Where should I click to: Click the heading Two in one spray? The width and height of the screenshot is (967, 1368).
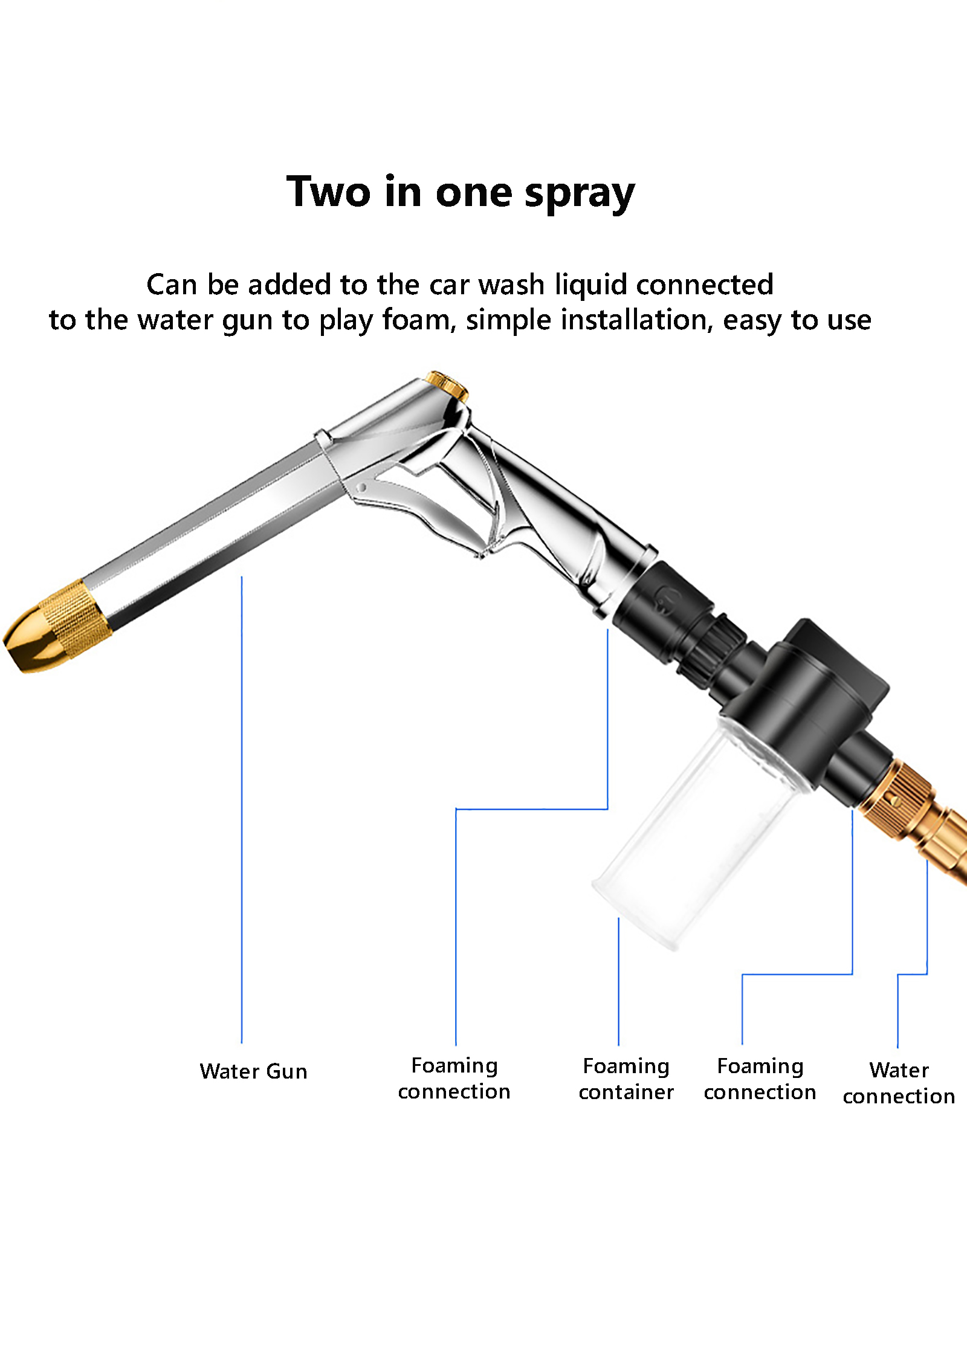coord(461,192)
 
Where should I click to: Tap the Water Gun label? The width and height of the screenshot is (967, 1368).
coord(254,1071)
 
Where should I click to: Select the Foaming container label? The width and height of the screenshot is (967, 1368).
coord(626,1079)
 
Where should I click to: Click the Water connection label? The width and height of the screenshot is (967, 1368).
coord(899,1083)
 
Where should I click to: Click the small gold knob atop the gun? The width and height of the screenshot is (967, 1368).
coord(447,386)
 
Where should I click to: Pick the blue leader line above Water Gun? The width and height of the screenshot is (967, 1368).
coord(242,810)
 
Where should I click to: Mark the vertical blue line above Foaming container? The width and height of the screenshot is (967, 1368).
coord(618,981)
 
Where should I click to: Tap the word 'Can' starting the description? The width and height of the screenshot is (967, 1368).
coord(172,285)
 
